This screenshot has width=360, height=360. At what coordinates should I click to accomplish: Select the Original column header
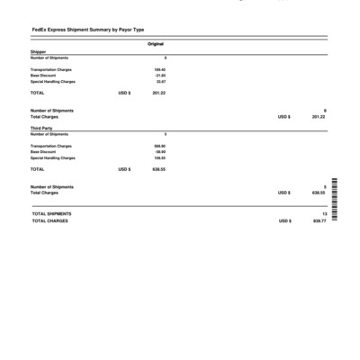(155, 44)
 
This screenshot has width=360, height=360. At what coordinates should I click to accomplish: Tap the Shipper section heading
(38, 52)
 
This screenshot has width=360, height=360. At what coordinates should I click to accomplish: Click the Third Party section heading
(41, 129)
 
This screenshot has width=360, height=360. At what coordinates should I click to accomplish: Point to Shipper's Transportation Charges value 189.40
(159, 68)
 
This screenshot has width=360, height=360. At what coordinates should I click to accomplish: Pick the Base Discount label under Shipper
(43, 75)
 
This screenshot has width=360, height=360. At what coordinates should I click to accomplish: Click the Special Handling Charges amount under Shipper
(160, 81)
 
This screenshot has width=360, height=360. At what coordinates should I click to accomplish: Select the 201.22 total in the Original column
(158, 93)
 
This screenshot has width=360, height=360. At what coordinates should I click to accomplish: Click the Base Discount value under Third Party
(159, 151)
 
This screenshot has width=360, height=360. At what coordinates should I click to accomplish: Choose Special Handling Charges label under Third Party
(53, 157)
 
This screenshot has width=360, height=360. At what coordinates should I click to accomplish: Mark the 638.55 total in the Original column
(158, 169)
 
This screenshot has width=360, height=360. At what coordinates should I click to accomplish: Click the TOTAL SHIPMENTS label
(52, 213)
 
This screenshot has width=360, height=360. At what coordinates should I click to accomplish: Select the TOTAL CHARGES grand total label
(50, 220)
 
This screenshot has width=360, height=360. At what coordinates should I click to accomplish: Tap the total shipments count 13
(323, 213)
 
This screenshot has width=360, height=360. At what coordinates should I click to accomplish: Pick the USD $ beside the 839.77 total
(283, 220)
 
